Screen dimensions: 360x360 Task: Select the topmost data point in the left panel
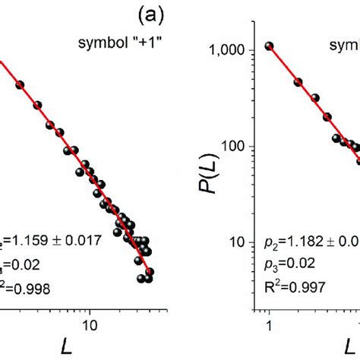pyautogui.click(x=20, y=85)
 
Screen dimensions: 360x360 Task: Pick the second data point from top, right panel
pyautogui.click(x=298, y=82)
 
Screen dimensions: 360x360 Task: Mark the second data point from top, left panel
pyautogui.click(x=37, y=104)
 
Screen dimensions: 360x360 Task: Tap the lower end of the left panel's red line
pyautogui.click(x=150, y=270)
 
